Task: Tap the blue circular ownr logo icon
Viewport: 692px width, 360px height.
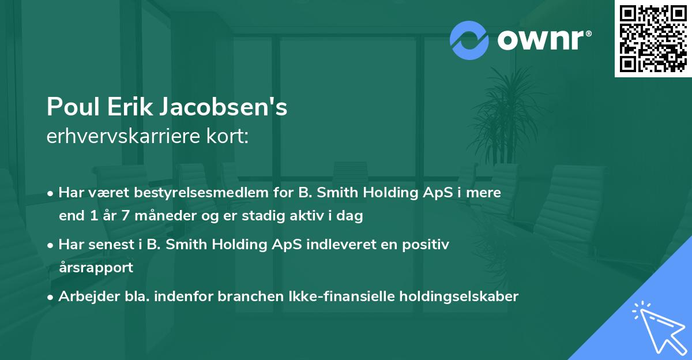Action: click(x=469, y=40)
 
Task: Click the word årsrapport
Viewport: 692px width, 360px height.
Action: click(x=96, y=268)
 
